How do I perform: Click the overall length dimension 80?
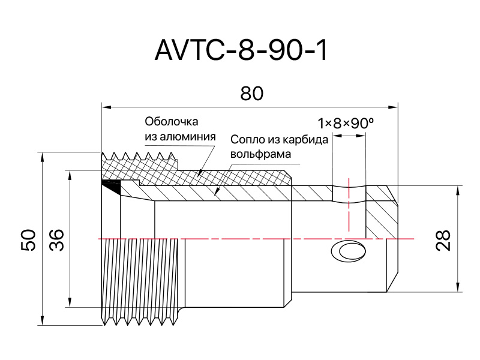pos(251,94)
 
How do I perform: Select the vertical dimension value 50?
pos(28,240)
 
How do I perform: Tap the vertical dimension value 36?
pos(56,240)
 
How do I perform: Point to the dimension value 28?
pos(443,241)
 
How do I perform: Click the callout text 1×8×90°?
pos(346,124)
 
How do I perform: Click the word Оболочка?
pos(172,122)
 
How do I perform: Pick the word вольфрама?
pos(260,154)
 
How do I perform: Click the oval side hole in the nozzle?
pos(349,251)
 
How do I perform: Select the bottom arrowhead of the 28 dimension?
pos(458,287)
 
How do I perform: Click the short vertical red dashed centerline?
pos(349,205)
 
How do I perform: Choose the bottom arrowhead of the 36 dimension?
pos(70,302)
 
